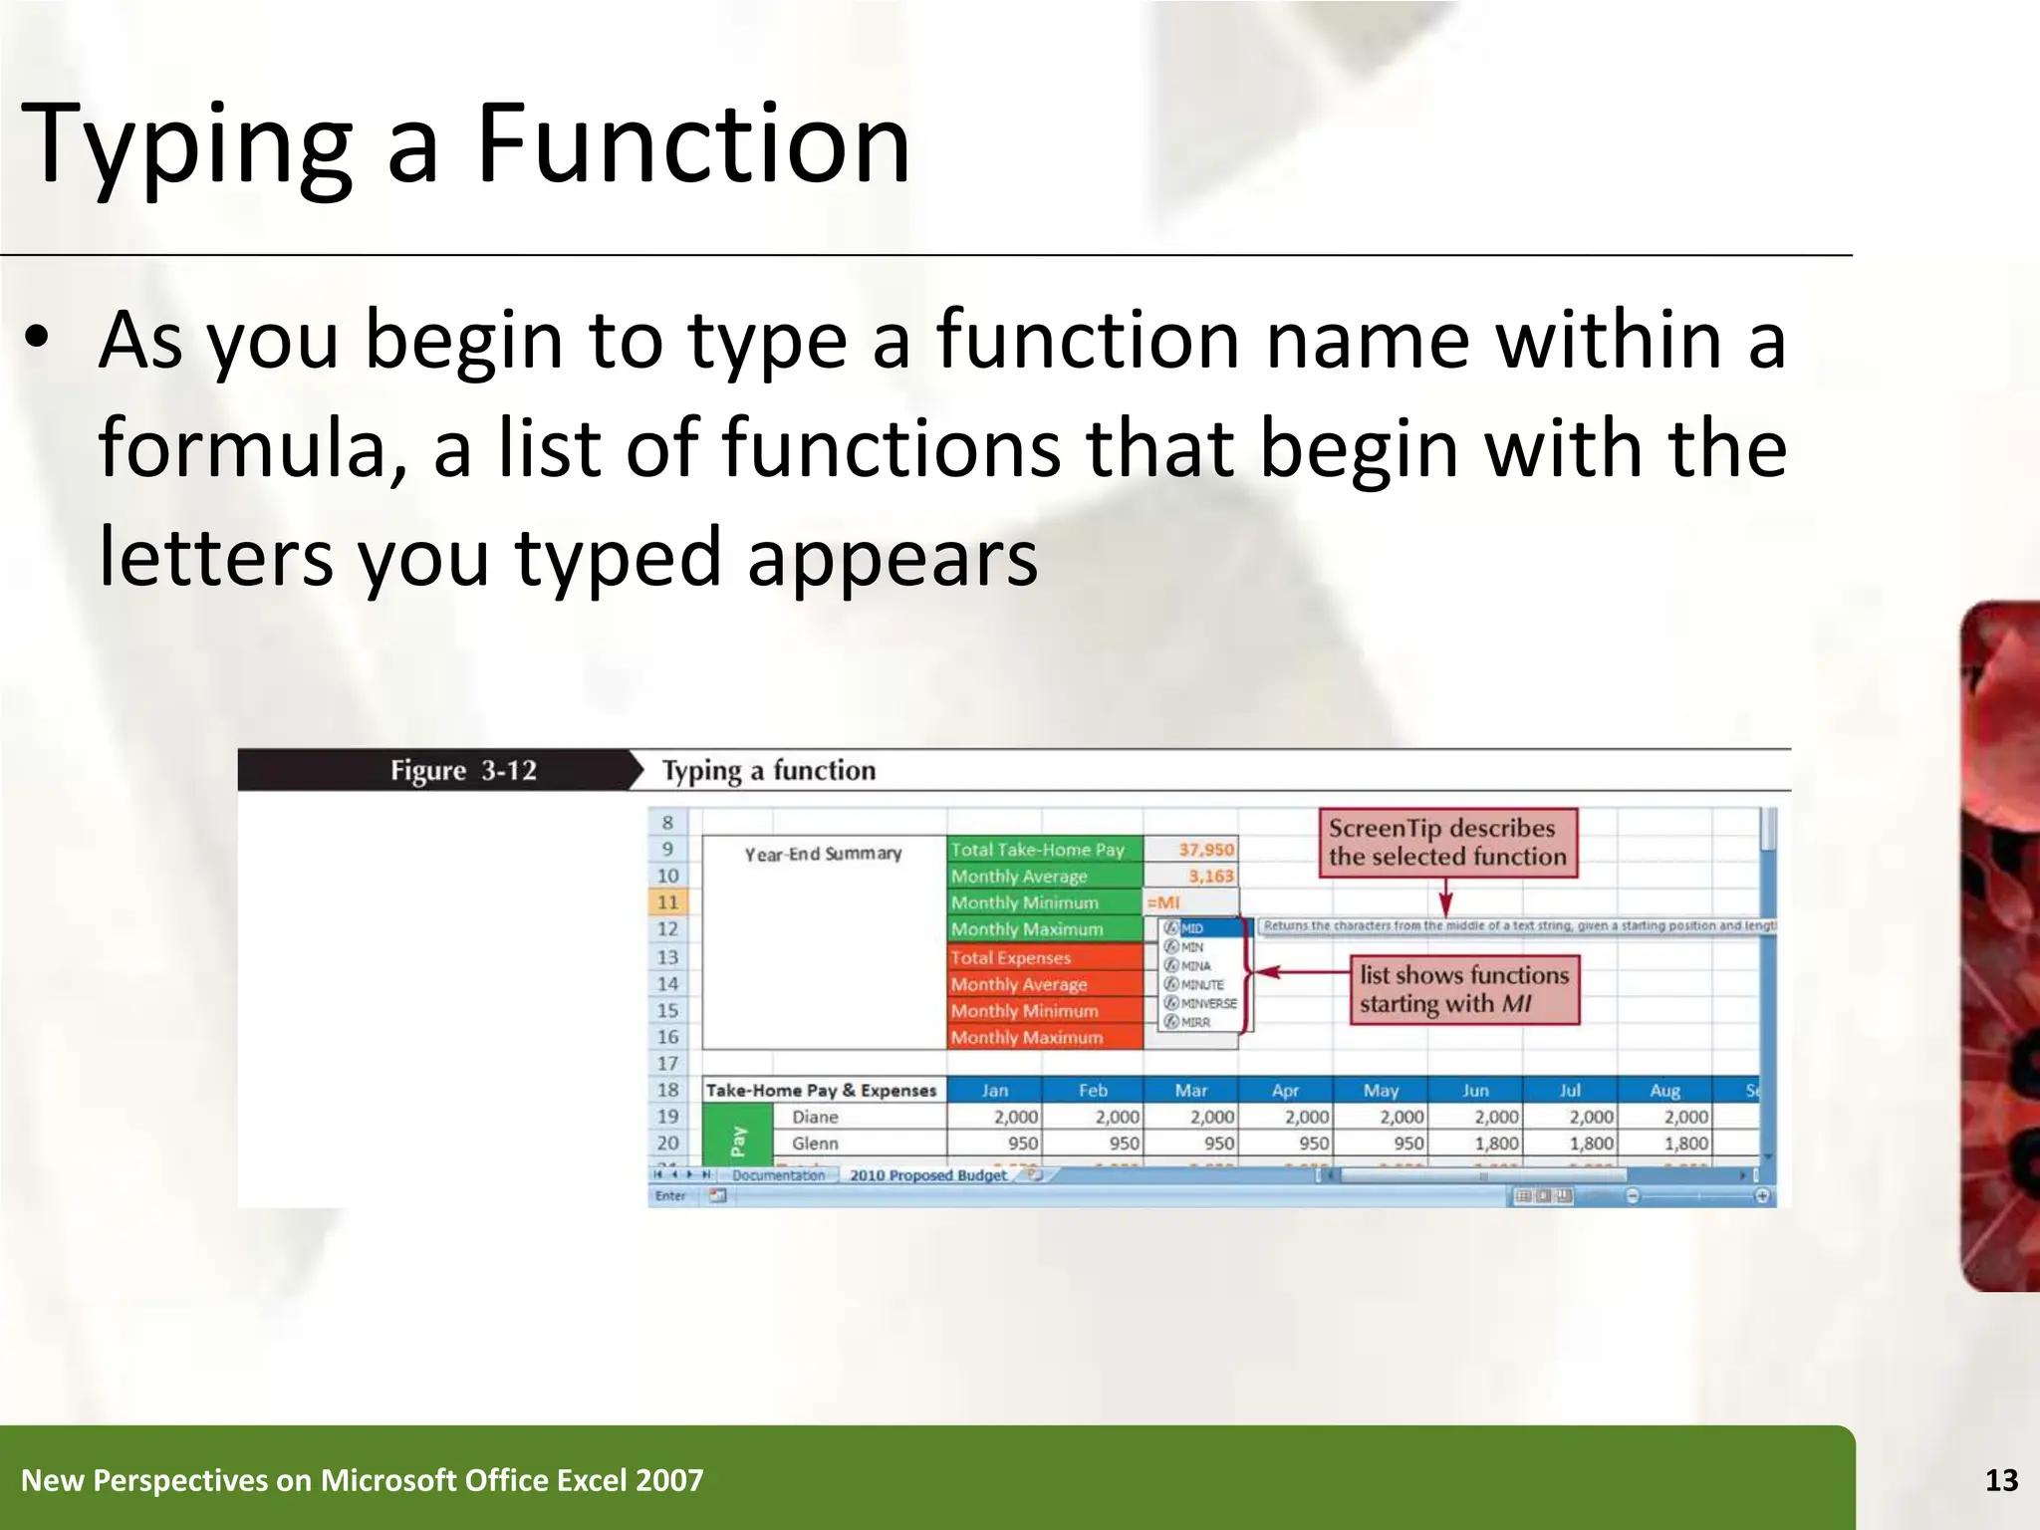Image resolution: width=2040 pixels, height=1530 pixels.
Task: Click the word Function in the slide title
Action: pos(693,144)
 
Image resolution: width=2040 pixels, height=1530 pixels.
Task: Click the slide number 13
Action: pos(2001,1480)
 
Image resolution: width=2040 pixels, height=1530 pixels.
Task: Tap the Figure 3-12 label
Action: pos(463,770)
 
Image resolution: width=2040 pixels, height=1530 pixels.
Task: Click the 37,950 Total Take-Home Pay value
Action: pos(1204,850)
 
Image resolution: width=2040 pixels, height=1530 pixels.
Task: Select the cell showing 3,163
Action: pos(1209,877)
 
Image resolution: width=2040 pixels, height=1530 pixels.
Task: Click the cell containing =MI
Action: pos(1189,902)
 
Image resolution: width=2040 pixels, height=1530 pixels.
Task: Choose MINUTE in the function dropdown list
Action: pos(1201,984)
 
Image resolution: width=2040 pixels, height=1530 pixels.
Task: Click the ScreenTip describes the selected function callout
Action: pos(1447,843)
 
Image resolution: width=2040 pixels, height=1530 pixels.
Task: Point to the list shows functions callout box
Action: pos(1464,989)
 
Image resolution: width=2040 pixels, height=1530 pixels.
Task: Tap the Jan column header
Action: pos(994,1091)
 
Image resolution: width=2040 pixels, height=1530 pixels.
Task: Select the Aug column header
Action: pos(1663,1091)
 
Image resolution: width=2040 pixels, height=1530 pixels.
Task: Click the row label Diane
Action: pos(815,1118)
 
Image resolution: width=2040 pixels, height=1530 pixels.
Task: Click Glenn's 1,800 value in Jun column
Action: pos(1495,1144)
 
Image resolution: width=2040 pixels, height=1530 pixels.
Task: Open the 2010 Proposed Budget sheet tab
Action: pos(927,1175)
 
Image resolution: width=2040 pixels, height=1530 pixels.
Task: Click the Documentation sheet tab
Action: pos(778,1175)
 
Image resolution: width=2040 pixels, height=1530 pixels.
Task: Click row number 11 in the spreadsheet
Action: pos(667,902)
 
